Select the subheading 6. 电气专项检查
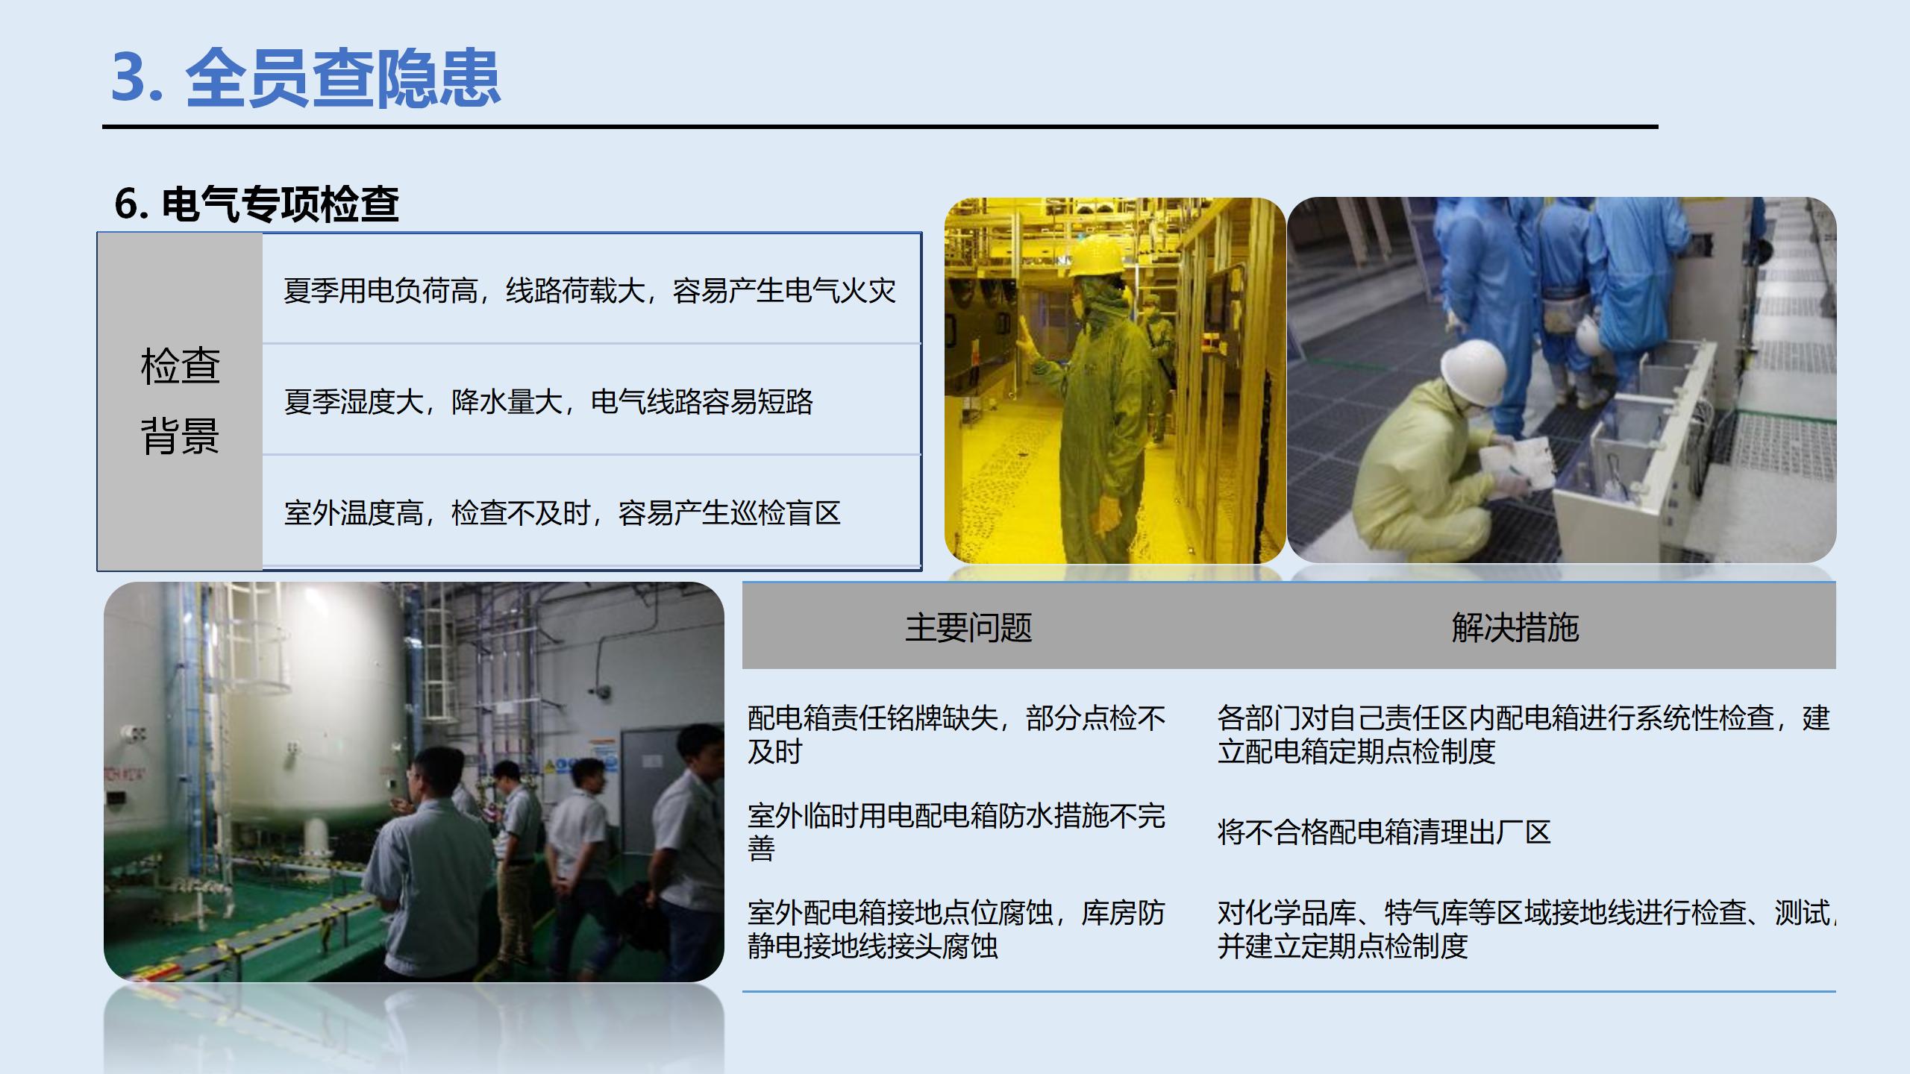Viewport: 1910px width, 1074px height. (x=257, y=204)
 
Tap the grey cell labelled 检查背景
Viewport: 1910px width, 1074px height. (x=180, y=401)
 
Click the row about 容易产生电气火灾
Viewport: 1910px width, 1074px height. (x=589, y=290)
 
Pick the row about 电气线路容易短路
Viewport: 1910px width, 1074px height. (x=548, y=401)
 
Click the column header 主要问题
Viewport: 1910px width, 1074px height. (x=968, y=627)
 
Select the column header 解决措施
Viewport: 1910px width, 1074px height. (x=1515, y=627)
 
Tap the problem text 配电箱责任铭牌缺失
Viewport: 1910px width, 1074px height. (x=956, y=734)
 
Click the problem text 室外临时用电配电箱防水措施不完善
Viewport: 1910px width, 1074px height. (x=956, y=831)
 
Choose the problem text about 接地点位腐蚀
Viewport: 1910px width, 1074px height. (x=956, y=929)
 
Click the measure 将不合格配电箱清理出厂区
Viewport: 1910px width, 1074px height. (x=1384, y=832)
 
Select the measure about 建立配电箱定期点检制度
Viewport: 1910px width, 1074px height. (x=1523, y=734)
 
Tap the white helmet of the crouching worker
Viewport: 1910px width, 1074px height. (x=1474, y=371)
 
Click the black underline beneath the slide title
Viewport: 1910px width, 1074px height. (x=880, y=128)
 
